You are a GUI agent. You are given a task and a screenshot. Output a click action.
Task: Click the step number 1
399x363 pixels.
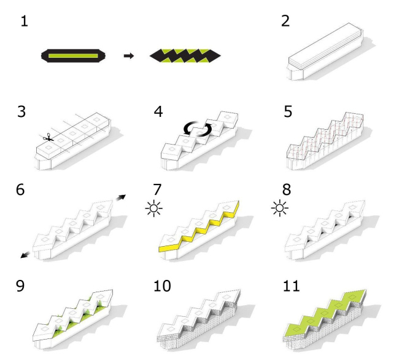[x=25, y=21]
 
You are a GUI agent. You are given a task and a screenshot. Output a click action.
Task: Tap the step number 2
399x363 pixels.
[x=285, y=21]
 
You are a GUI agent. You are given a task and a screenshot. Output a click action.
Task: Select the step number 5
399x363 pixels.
[x=288, y=112]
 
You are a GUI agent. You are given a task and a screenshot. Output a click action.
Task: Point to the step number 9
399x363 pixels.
[x=20, y=285]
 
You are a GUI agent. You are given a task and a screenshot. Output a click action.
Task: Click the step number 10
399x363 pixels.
[x=162, y=285]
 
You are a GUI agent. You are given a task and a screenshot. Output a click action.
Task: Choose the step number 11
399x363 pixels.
[x=291, y=285]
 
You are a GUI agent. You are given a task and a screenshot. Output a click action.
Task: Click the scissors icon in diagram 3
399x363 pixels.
[x=48, y=138]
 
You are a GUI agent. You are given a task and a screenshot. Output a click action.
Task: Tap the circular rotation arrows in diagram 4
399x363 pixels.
[x=198, y=129]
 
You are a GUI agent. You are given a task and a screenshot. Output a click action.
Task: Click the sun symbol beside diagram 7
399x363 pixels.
[x=154, y=209]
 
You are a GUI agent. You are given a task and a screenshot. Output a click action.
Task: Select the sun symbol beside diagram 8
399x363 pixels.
[x=280, y=208]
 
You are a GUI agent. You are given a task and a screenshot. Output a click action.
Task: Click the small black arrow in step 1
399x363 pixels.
[x=129, y=55]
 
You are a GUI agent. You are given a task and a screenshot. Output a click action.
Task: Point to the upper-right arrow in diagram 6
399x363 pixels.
[x=121, y=197]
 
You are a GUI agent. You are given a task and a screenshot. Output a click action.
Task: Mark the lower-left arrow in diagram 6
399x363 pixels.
[x=25, y=254]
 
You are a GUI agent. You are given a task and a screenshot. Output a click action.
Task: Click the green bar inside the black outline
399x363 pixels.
[x=73, y=56]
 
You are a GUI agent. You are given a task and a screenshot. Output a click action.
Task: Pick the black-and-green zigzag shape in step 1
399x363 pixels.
[x=185, y=56]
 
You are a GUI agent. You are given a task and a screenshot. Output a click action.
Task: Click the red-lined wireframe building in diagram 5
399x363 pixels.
[x=325, y=140]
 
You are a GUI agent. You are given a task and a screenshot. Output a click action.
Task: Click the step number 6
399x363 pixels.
[x=20, y=189]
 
